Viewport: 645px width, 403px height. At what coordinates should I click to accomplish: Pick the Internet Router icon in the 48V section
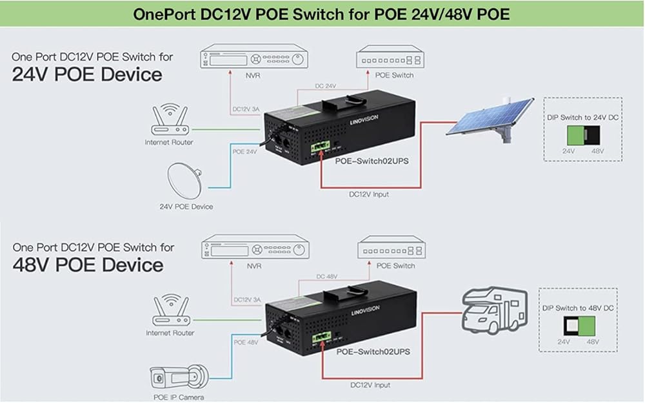point(170,311)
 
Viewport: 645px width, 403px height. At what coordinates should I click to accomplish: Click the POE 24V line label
point(244,152)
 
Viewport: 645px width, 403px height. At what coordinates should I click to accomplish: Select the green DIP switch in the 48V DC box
point(590,325)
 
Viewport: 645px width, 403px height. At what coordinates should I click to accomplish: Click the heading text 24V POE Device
point(87,74)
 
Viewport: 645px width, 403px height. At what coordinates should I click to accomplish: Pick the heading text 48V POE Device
point(87,265)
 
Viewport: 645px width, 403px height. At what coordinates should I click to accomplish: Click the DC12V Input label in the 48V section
point(369,385)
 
